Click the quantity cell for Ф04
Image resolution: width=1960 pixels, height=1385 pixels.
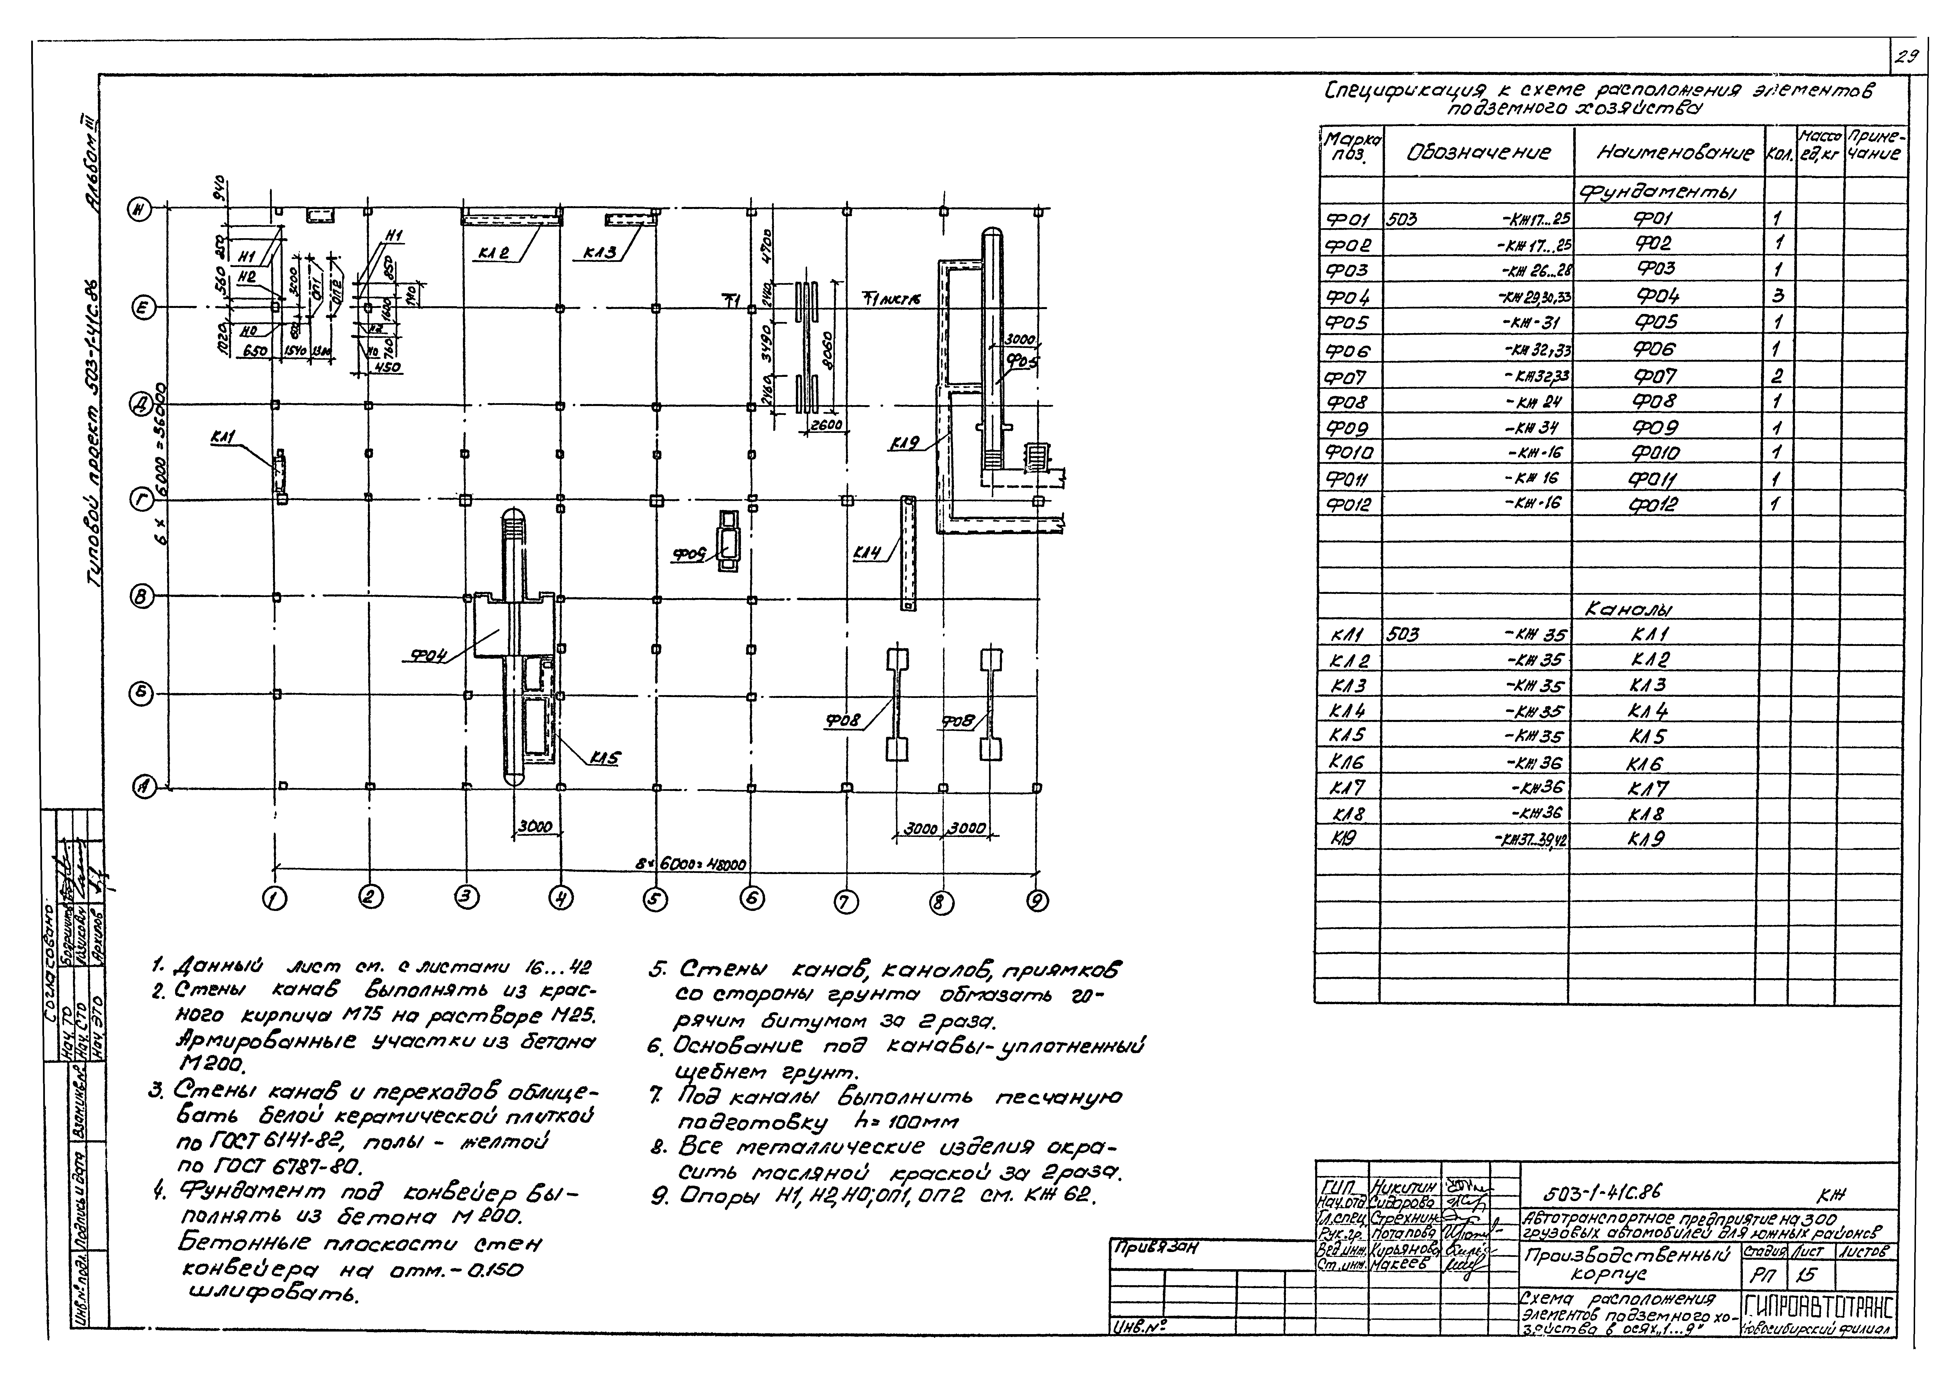[x=1779, y=296]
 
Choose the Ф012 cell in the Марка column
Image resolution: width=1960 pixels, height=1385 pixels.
[x=1349, y=504]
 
